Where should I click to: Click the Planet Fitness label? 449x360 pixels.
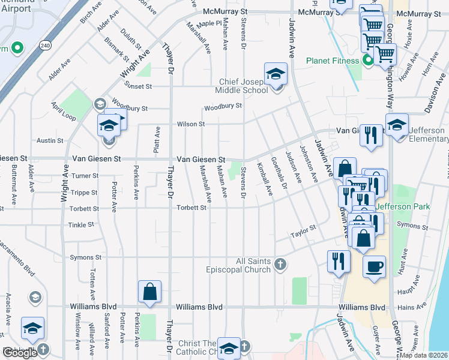tap(332, 60)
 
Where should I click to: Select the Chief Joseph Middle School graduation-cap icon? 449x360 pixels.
tap(276, 74)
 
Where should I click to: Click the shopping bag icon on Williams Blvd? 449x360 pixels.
tap(149, 292)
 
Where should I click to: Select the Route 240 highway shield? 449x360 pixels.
tap(46, 45)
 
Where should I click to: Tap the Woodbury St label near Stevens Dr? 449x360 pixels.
tap(222, 107)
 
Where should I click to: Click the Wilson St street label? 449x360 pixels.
tap(190, 124)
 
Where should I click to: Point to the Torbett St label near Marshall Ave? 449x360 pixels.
tap(191, 208)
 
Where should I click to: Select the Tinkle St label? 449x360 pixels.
tap(82, 225)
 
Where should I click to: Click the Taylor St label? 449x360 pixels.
tap(303, 231)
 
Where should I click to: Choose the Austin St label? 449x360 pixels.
tap(50, 140)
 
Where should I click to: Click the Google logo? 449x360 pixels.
tap(20, 353)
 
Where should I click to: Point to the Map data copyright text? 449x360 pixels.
tap(424, 355)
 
